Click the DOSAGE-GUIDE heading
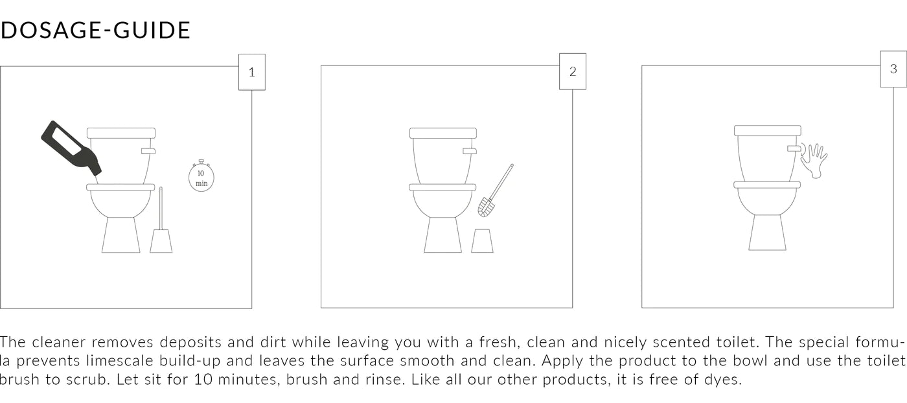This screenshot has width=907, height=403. (x=96, y=30)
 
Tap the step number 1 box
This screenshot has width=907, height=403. (x=252, y=72)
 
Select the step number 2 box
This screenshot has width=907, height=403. (x=573, y=71)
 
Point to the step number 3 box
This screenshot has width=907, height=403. (x=893, y=69)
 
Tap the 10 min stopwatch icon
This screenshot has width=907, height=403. (x=201, y=177)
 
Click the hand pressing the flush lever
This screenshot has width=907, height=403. (x=814, y=160)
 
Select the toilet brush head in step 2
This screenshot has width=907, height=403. (x=485, y=207)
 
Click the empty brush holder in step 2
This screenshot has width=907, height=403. (x=482, y=241)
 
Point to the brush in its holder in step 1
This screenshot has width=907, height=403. (x=161, y=227)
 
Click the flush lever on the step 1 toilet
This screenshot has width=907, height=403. (x=148, y=151)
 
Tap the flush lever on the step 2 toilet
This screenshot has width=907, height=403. (x=470, y=151)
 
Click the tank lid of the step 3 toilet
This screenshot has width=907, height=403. (x=768, y=130)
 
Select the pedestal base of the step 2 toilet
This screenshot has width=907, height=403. (x=442, y=235)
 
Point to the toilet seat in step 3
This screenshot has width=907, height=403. (x=767, y=185)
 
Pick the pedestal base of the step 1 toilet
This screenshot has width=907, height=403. (x=121, y=235)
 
